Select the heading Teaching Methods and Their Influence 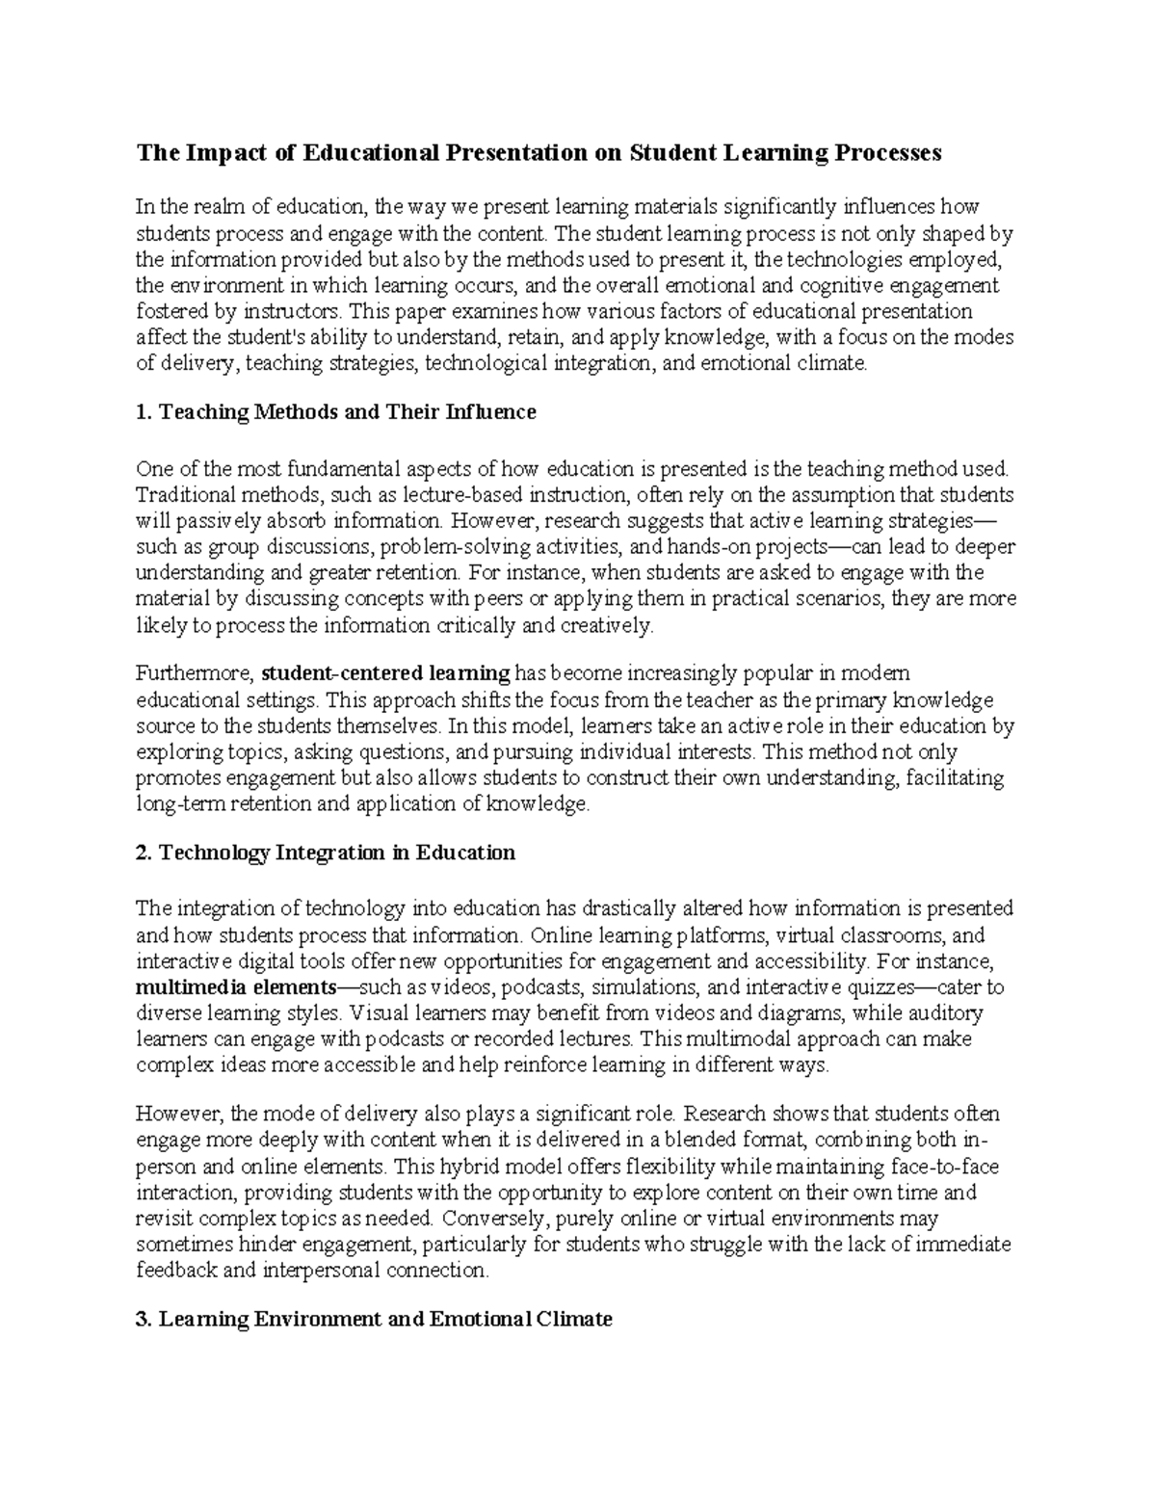(x=336, y=412)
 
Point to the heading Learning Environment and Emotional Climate (x=375, y=1319)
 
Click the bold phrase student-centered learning (x=385, y=672)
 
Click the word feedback (x=176, y=1271)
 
